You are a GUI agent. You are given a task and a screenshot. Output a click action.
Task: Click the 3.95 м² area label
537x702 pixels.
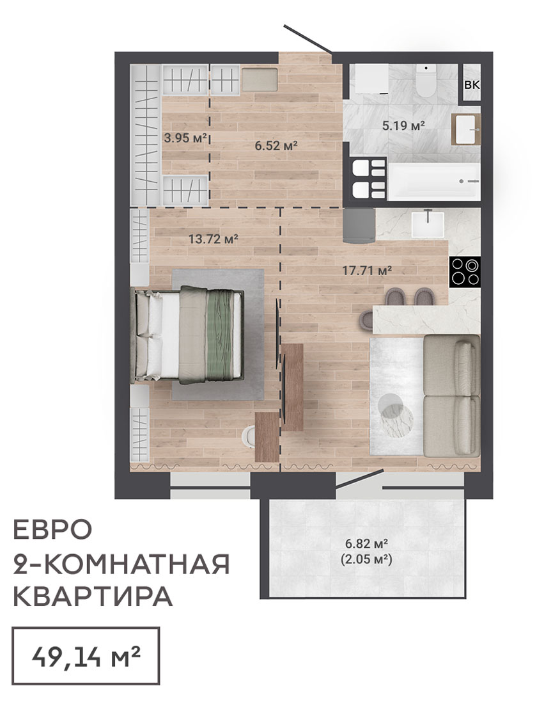[x=185, y=138]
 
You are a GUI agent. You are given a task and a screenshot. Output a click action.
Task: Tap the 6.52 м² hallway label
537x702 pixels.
[x=276, y=145]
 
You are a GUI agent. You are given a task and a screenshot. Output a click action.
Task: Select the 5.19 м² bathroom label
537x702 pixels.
[x=403, y=126]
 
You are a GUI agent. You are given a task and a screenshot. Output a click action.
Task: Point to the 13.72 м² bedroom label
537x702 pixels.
[x=213, y=239]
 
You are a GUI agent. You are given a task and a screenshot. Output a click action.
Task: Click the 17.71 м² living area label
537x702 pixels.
[x=367, y=271]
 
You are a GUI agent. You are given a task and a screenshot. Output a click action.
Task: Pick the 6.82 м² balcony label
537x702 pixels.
[x=366, y=544]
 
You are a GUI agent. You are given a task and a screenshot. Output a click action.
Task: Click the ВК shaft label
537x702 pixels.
[x=472, y=85]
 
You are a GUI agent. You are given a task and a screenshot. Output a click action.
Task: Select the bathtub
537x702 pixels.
[x=433, y=182]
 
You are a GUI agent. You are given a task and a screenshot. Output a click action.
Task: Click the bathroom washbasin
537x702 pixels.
[x=465, y=129]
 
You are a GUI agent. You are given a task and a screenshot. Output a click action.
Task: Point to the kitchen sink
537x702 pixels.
[x=428, y=224]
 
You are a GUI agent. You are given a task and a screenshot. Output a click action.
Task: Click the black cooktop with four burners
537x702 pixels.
[x=465, y=272]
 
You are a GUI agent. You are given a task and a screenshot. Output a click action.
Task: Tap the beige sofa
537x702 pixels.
[x=451, y=395]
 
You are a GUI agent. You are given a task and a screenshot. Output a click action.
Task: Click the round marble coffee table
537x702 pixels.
[x=396, y=412]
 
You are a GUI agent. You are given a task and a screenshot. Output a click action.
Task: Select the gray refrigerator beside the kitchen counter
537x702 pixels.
[x=359, y=226]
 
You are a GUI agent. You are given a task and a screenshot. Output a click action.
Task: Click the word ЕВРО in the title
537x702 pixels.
[x=53, y=529]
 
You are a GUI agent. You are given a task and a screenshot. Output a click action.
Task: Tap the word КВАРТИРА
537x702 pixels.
[x=93, y=596]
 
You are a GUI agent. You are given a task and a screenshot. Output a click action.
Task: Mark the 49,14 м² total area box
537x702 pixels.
[x=86, y=657]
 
